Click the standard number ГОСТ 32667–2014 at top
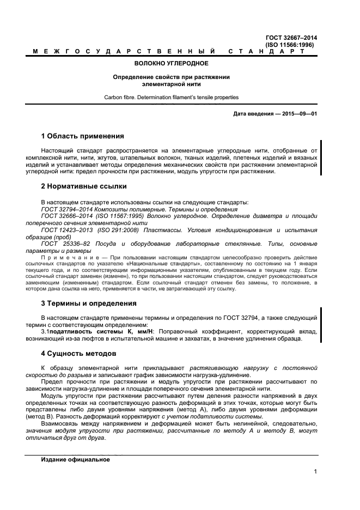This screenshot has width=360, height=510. (291, 38)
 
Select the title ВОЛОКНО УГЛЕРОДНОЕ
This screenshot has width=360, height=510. (171, 64)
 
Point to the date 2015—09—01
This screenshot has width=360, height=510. (298, 113)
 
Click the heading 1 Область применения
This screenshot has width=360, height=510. (82, 136)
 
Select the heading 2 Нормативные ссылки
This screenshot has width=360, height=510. (84, 186)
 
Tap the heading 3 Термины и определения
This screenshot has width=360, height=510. (89, 303)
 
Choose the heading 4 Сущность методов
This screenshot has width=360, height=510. (78, 353)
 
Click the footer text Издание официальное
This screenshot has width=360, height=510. (75, 460)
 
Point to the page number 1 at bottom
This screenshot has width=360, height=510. (315, 472)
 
